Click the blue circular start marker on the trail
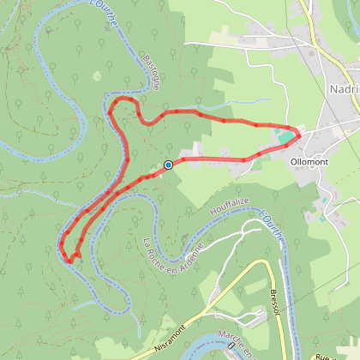168,165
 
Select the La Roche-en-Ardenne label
177,254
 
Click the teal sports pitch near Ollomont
283,138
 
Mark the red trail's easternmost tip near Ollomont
300,132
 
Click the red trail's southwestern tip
66,256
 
